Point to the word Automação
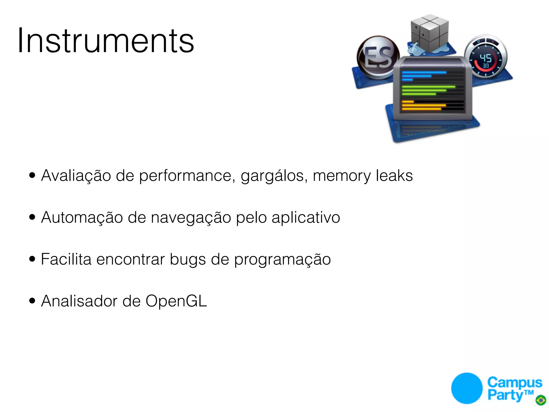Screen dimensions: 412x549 82,218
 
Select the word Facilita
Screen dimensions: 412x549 66,259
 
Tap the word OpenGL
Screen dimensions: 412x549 176,301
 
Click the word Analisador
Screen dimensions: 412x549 79,301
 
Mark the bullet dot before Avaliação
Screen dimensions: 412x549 32,175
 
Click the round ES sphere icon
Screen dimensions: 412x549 378,57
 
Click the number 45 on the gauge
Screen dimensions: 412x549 485,58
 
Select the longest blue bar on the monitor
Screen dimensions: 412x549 424,72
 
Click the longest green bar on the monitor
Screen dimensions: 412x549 428,87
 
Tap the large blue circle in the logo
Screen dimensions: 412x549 467,388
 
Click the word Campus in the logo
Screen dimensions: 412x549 514,382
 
